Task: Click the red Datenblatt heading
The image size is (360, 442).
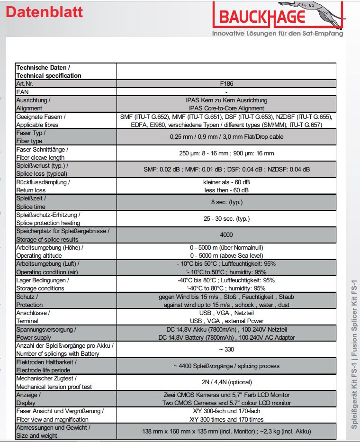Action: tap(44, 12)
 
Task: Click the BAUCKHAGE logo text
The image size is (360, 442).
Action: tap(262, 17)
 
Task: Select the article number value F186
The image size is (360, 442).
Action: tap(226, 83)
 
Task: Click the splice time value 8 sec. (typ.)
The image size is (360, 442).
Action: tap(226, 202)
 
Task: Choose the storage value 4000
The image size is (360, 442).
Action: tap(226, 235)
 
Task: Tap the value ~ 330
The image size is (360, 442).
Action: tap(226, 350)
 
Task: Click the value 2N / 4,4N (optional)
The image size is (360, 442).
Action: tap(226, 382)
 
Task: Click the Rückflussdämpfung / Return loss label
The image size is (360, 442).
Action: tap(43, 186)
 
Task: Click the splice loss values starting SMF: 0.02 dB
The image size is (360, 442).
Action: tap(226, 170)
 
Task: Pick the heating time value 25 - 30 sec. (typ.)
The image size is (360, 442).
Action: tap(226, 219)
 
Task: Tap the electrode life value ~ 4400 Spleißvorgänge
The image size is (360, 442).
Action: tap(226, 366)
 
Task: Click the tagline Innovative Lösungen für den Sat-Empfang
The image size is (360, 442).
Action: tap(278, 34)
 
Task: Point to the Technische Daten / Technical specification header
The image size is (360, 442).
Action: tap(49, 72)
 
